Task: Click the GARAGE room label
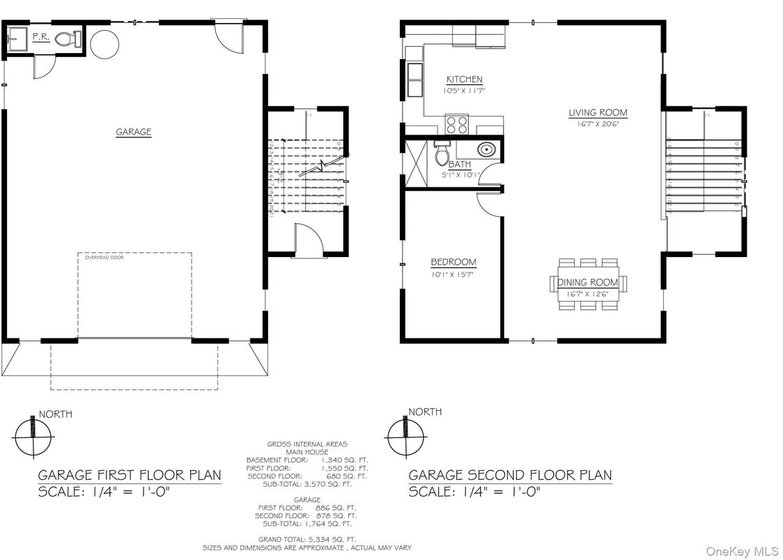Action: (x=133, y=132)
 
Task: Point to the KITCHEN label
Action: (x=464, y=79)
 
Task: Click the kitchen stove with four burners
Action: (x=458, y=125)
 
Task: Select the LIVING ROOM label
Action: (x=598, y=112)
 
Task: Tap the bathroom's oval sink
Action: (x=486, y=149)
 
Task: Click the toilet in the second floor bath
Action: (x=442, y=155)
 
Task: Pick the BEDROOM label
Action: (x=453, y=262)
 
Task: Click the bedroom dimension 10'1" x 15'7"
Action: (x=453, y=274)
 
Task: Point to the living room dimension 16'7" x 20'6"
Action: (x=598, y=124)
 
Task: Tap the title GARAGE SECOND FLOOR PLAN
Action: (x=510, y=475)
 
